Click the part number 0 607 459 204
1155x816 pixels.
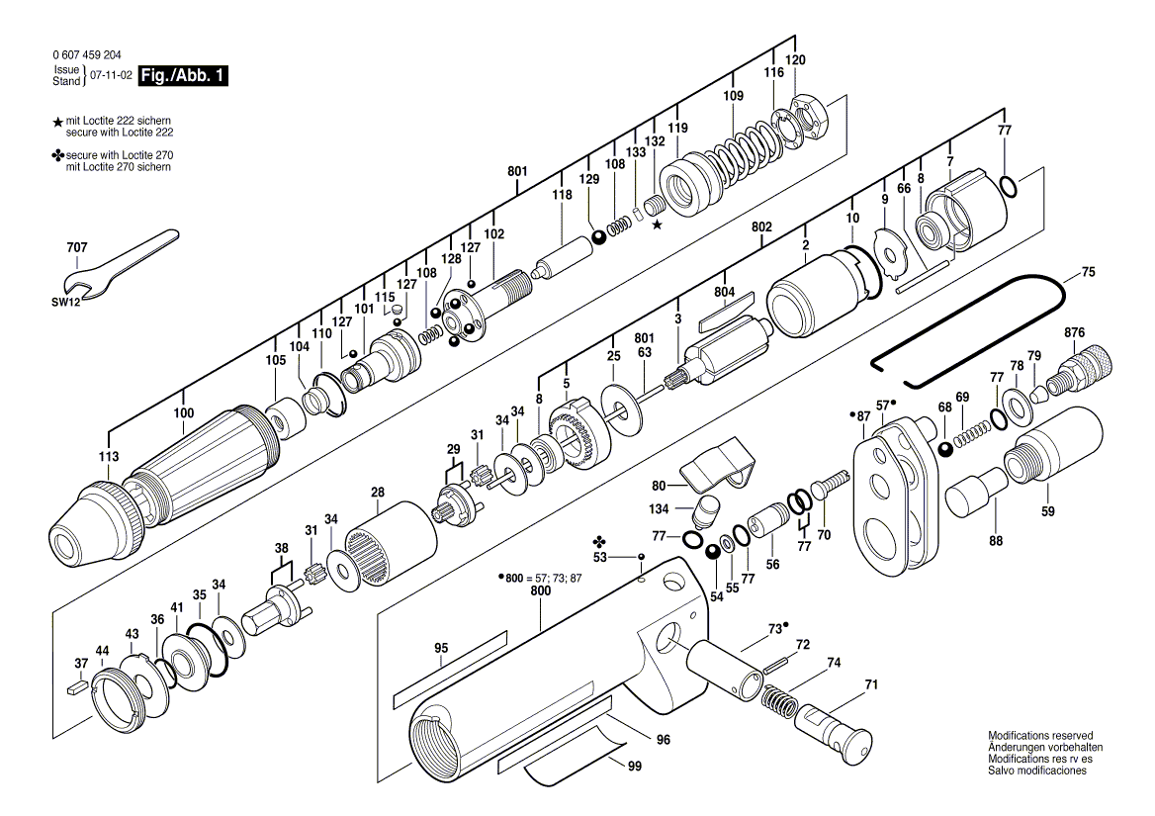[x=88, y=56]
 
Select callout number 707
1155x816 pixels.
[x=77, y=247]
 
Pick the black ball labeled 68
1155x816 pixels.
[x=946, y=449]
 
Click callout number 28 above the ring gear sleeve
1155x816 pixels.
[x=377, y=493]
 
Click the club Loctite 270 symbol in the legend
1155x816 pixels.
[x=58, y=156]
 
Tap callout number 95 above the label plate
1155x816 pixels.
[x=441, y=649]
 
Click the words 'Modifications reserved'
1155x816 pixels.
[x=1040, y=736]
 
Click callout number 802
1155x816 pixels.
[x=760, y=227]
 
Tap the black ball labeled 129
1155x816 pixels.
[x=598, y=235]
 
